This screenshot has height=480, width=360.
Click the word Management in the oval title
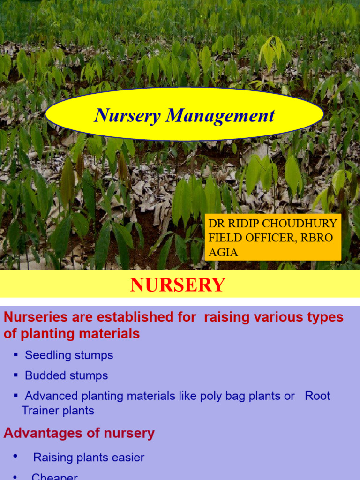pyautogui.click(x=220, y=115)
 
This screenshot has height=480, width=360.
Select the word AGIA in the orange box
pyautogui.click(x=223, y=252)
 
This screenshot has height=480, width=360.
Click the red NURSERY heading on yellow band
pyautogui.click(x=178, y=285)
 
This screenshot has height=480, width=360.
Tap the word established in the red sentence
pyautogui.click(x=131, y=317)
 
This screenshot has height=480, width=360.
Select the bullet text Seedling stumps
pyautogui.click(x=69, y=355)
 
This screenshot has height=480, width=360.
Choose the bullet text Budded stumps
pyautogui.click(x=66, y=375)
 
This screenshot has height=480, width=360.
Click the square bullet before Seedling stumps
pyautogui.click(x=16, y=355)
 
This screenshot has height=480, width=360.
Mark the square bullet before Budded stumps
pyautogui.click(x=16, y=375)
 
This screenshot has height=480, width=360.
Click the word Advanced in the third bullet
pyautogui.click(x=52, y=396)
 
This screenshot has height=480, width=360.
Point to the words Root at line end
pyautogui.click(x=317, y=396)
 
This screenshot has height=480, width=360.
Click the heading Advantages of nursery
pyautogui.click(x=79, y=433)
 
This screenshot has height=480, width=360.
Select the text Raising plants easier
pyautogui.click(x=89, y=457)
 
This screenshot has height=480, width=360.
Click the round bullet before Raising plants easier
pyautogui.click(x=16, y=456)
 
